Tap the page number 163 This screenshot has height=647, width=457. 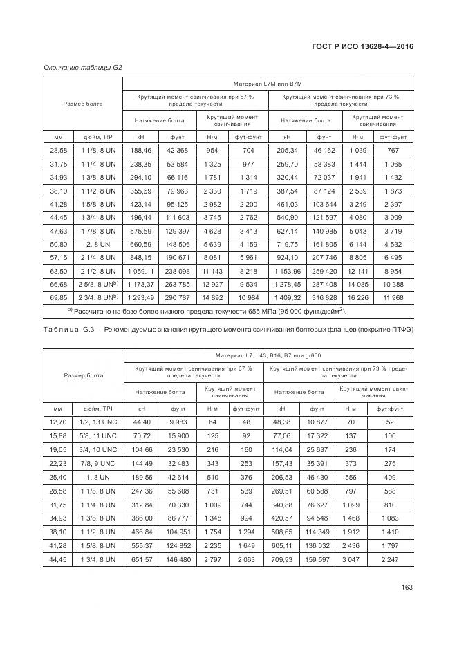[x=407, y=588]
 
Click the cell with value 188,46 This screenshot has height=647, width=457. [x=140, y=150]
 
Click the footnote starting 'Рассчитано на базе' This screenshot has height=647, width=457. [x=207, y=312]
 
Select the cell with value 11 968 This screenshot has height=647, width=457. [x=393, y=298]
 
